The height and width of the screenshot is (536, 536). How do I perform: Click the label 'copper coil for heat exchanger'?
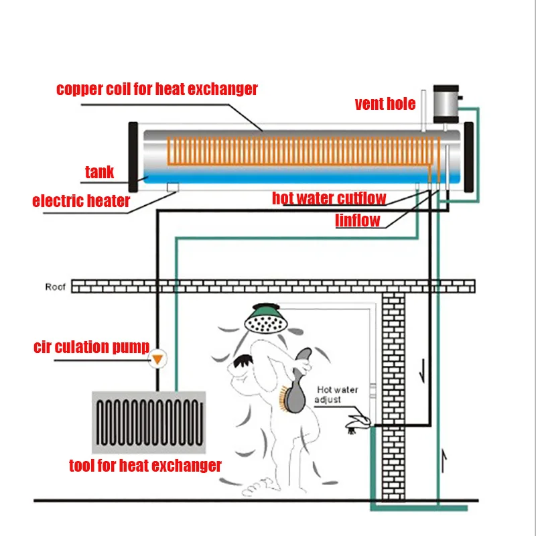pyautogui.click(x=157, y=89)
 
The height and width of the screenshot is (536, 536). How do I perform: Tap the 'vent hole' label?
pyautogui.click(x=385, y=104)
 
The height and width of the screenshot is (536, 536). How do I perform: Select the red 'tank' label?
pyautogui.click(x=99, y=172)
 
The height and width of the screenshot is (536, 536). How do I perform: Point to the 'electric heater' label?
pyautogui.click(x=81, y=200)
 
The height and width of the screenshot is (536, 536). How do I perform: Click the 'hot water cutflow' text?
pyautogui.click(x=329, y=199)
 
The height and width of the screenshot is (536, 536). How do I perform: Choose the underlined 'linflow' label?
pyautogui.click(x=358, y=220)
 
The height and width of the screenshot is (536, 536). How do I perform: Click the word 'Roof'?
pyautogui.click(x=56, y=287)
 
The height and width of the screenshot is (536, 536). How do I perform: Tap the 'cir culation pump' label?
pyautogui.click(x=80, y=347)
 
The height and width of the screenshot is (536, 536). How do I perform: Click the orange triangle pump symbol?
pyautogui.click(x=157, y=359)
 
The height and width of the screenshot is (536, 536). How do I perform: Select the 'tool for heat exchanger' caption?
pyautogui.click(x=145, y=465)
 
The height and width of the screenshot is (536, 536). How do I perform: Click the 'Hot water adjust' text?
pyautogui.click(x=337, y=395)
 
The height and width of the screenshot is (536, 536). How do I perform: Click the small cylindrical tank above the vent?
pyautogui.click(x=446, y=103)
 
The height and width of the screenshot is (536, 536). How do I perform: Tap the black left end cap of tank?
pyautogui.click(x=133, y=157)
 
